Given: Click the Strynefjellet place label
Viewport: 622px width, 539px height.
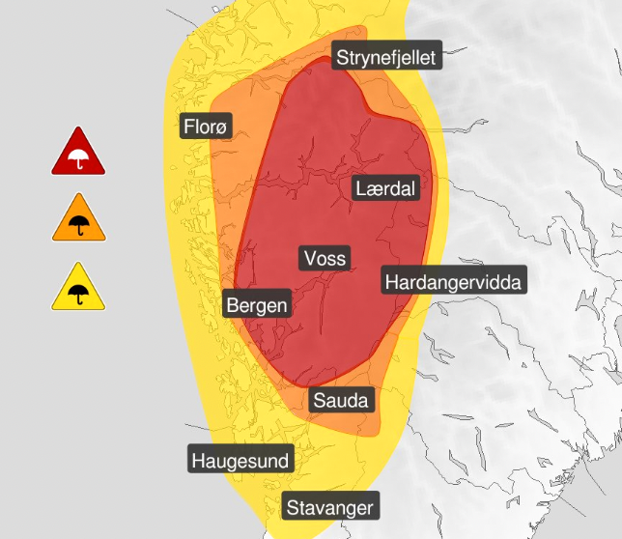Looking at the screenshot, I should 386,58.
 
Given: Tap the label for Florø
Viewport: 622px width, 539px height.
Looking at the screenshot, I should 207,126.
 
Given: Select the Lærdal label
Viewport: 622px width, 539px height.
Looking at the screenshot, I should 385,188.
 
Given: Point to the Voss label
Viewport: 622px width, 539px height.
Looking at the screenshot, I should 325,258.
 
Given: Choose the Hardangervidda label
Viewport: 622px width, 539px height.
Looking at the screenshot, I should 453,282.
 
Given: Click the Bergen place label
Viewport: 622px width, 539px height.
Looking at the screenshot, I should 256,305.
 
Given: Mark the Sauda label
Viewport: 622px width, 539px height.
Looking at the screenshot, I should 341,399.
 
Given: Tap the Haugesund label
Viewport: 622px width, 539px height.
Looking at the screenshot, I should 240,460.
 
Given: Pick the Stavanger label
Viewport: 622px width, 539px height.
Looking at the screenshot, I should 329,506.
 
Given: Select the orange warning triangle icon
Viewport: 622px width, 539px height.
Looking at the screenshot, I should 79,220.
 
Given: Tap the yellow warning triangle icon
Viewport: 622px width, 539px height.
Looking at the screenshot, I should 79,289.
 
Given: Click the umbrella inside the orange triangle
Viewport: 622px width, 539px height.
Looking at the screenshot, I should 79,225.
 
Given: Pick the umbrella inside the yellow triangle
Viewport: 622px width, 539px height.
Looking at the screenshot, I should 79,294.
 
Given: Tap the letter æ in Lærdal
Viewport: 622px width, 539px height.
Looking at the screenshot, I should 374,189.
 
